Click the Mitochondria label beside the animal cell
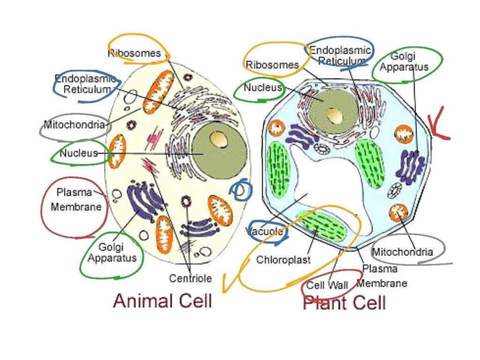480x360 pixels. [x=75, y=125]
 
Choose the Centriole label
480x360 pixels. [x=190, y=278]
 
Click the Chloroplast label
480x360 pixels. [x=283, y=260]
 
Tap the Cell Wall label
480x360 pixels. [x=327, y=285]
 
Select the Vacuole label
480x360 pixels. [x=265, y=231]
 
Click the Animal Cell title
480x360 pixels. [x=162, y=301]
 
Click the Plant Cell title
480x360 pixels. [x=344, y=303]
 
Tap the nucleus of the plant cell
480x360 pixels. [x=329, y=109]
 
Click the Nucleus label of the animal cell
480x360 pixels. [x=78, y=154]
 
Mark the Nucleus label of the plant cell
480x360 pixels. [x=262, y=87]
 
